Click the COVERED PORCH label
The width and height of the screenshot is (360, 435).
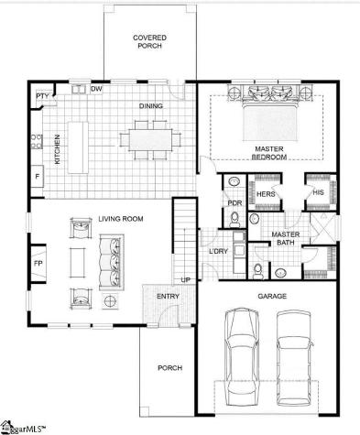tap(149, 42)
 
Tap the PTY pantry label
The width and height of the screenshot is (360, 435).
tap(42, 95)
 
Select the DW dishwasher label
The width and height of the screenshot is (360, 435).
tap(95, 88)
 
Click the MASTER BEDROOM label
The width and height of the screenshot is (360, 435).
tap(270, 153)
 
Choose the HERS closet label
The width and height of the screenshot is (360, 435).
tap(266, 194)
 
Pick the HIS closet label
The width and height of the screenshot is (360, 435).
tap(318, 192)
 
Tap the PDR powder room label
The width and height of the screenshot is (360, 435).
tap(235, 202)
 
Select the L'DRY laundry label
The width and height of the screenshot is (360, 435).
tap(218, 251)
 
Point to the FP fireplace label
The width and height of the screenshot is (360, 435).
tap(38, 264)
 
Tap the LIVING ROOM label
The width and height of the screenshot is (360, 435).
tap(122, 218)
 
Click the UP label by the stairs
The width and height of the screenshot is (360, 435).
tap(186, 279)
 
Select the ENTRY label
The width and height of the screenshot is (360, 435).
tap(168, 296)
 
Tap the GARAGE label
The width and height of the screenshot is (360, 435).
tap(272, 296)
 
